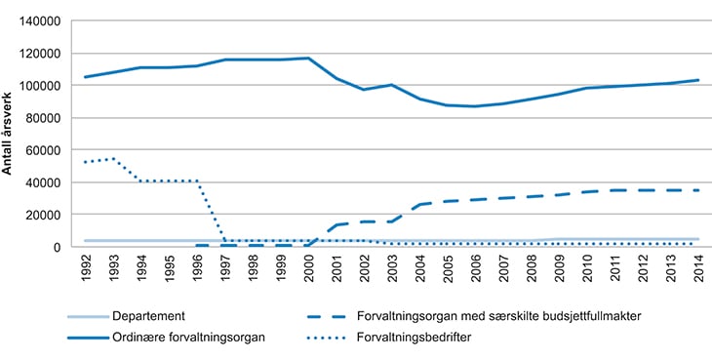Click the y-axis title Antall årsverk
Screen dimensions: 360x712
pyautogui.click(x=9, y=134)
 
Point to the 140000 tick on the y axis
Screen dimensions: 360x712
pyautogui.click(x=42, y=20)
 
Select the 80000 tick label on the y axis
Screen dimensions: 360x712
pyautogui.click(x=45, y=117)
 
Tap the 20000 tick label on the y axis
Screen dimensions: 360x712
pyautogui.click(x=45, y=215)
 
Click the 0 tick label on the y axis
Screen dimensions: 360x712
pyautogui.click(x=59, y=247)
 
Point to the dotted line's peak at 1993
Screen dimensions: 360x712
pyautogui.click(x=113, y=158)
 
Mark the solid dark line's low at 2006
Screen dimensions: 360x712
pyautogui.click(x=475, y=106)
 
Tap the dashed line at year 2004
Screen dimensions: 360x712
pyautogui.click(x=419, y=204)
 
